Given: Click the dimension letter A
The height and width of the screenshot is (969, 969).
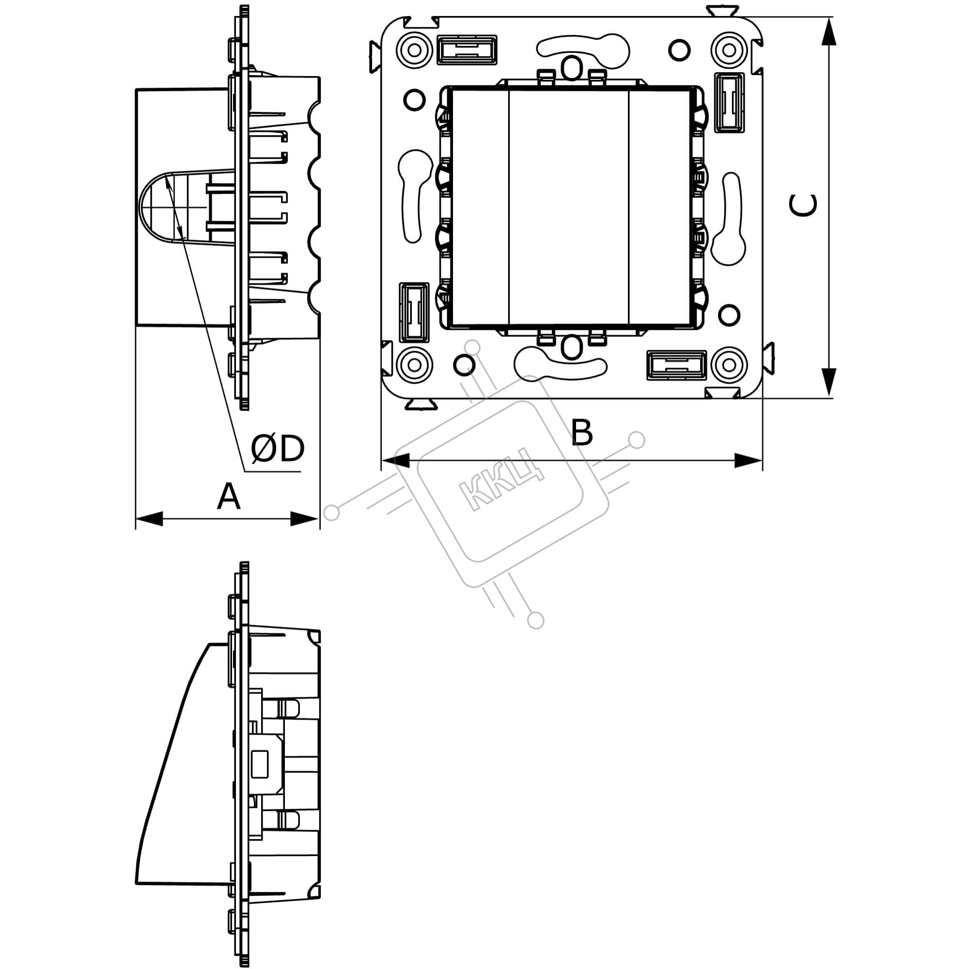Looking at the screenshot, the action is (228, 496).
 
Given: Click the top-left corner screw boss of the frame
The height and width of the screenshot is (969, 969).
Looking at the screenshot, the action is (414, 50).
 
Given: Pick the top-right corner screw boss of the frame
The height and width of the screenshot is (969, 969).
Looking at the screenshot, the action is (729, 50).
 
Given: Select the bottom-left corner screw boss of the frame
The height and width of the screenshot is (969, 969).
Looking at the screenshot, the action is (414, 365).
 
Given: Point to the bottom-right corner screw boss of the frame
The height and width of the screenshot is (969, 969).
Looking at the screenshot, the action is (729, 365).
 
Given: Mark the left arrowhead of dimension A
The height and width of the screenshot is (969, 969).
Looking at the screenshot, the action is (149, 518).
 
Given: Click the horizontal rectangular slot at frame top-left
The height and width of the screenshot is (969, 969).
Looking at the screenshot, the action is (467, 49).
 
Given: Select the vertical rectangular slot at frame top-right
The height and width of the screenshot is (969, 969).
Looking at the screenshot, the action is (729, 103).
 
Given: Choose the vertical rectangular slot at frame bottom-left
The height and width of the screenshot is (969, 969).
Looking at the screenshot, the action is (414, 313).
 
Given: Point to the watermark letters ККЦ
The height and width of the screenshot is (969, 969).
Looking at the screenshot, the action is (501, 479).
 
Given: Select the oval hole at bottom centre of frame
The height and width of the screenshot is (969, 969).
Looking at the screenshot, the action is (571, 347).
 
